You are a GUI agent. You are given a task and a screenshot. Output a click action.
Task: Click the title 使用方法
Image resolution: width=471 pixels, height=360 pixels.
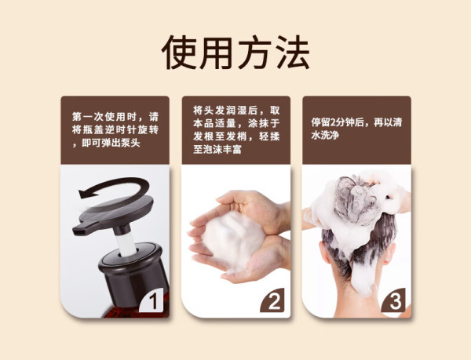(x=235, y=53)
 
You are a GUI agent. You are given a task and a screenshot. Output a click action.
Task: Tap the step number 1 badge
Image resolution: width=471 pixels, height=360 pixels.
(x=152, y=300)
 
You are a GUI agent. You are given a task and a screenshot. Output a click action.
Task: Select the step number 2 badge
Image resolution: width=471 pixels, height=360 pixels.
(x=272, y=300)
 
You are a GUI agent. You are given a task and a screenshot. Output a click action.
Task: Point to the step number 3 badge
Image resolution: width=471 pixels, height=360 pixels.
(x=394, y=300)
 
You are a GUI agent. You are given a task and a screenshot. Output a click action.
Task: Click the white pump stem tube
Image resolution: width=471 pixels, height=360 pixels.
(x=126, y=244)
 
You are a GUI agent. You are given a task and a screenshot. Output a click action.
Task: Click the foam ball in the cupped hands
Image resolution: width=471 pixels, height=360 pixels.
(x=233, y=240)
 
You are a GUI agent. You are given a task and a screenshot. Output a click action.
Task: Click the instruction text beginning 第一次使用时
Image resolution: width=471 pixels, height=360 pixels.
(x=115, y=129)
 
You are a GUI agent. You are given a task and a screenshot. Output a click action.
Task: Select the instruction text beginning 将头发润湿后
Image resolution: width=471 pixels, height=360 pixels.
(x=236, y=129)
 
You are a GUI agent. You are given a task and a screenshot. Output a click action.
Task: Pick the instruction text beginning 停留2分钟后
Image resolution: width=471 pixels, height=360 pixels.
(x=356, y=129)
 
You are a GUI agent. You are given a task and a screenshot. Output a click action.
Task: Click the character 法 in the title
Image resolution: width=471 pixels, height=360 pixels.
(x=293, y=53)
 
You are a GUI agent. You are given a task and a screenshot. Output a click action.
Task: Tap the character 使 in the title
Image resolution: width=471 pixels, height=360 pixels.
(x=179, y=53)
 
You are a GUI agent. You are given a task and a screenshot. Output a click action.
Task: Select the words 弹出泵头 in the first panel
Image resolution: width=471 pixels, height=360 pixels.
(x=121, y=143)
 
